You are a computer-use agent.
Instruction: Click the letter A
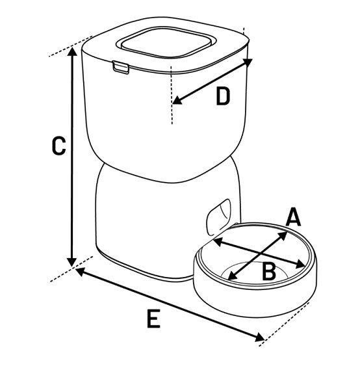294,217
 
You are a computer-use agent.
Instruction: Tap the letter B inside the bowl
268,271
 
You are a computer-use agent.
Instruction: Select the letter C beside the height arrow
58,146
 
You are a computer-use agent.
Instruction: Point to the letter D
222,97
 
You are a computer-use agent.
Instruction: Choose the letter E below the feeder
153,319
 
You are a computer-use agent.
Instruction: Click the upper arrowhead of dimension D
248,62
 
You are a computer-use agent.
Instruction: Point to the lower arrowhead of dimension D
176,101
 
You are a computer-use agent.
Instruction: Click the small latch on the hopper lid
120,66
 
